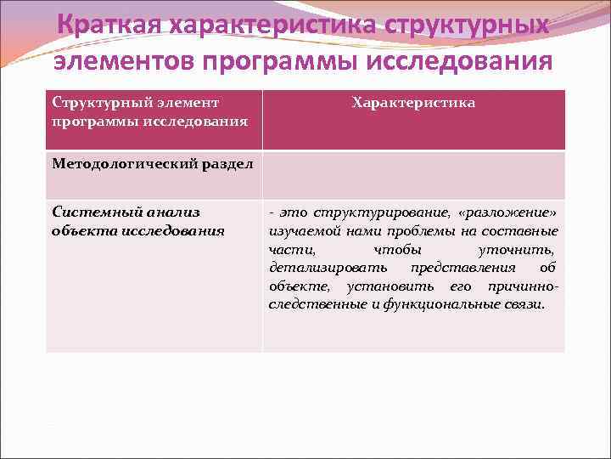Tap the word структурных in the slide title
point(468,25)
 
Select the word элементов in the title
point(125,62)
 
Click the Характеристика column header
point(413,103)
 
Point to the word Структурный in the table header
point(96,103)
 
